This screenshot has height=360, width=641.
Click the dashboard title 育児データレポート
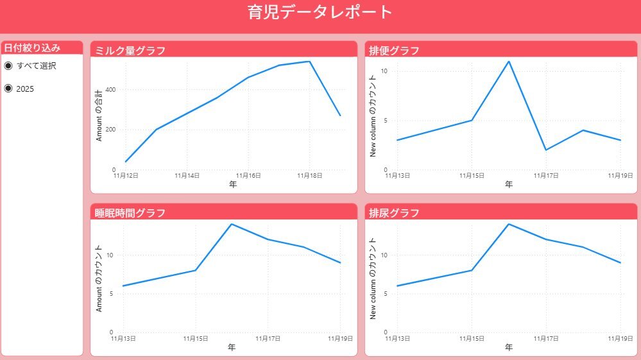(x=320, y=12)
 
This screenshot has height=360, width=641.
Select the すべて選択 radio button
(x=8, y=65)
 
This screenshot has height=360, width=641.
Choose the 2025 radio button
(x=8, y=89)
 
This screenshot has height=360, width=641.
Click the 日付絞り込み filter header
(x=32, y=47)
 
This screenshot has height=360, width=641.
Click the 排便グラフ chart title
(x=395, y=51)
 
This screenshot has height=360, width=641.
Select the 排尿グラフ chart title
(x=395, y=213)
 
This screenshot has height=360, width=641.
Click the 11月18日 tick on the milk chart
(x=309, y=175)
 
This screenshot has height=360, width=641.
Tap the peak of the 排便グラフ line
(x=509, y=62)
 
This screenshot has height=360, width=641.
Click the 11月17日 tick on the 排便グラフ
(x=545, y=175)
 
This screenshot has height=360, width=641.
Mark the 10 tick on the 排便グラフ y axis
(x=385, y=71)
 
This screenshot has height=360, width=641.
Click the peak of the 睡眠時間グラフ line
(x=231, y=224)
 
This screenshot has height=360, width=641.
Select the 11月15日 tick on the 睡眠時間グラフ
(x=195, y=338)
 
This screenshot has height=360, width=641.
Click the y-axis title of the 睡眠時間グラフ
(x=99, y=278)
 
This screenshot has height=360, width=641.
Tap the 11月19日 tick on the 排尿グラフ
(x=620, y=338)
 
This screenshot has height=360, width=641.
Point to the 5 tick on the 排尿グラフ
(x=385, y=294)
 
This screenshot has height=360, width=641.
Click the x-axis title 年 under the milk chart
(x=232, y=184)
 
